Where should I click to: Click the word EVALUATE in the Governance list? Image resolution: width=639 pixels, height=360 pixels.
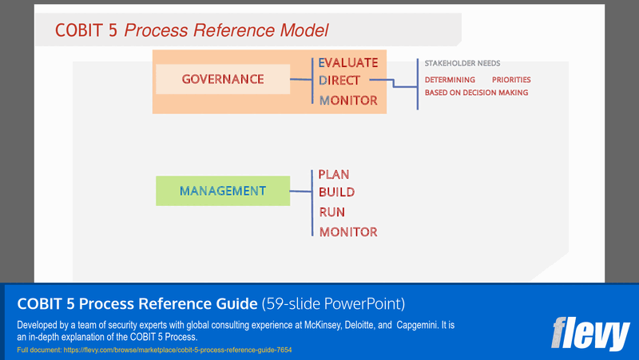pyautogui.click(x=348, y=62)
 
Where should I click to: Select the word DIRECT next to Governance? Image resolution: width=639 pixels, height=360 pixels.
pyautogui.click(x=339, y=81)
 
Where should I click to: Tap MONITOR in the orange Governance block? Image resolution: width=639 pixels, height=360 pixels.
pyautogui.click(x=348, y=101)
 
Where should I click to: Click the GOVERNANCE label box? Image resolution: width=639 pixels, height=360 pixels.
pyautogui.click(x=222, y=79)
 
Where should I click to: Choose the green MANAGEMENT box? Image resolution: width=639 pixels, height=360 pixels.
pyautogui.click(x=222, y=191)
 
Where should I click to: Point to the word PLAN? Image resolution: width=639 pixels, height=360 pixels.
pyautogui.click(x=334, y=174)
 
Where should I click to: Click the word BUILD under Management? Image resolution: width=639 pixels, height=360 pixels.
pyautogui.click(x=336, y=192)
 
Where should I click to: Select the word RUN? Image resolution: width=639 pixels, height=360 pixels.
pyautogui.click(x=331, y=212)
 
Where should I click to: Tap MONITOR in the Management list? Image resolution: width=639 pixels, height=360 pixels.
pyautogui.click(x=348, y=232)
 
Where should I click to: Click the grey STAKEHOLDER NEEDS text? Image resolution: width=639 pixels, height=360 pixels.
pyautogui.click(x=462, y=64)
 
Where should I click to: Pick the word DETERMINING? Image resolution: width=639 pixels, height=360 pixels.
pyautogui.click(x=450, y=80)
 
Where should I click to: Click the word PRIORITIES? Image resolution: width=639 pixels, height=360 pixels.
pyautogui.click(x=511, y=80)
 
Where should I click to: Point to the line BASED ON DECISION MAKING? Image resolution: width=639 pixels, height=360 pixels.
pyautogui.click(x=476, y=93)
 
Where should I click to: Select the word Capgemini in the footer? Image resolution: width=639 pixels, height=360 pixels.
pyautogui.click(x=426, y=326)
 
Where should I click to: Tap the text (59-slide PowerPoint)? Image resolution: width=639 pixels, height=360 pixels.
pyautogui.click(x=333, y=304)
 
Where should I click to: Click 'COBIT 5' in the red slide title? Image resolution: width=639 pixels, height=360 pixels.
pyautogui.click(x=86, y=31)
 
